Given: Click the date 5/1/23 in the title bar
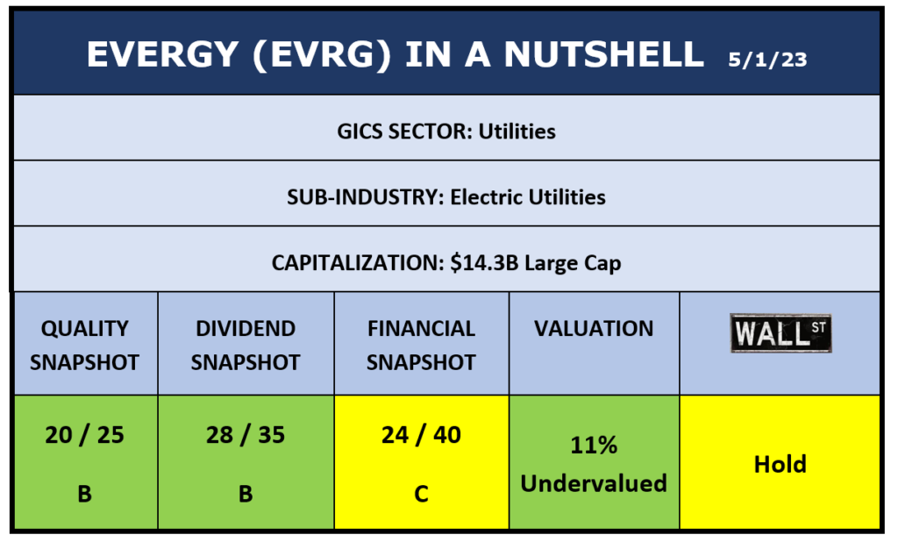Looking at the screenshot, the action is (x=767, y=60).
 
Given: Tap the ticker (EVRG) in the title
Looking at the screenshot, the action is (x=322, y=55).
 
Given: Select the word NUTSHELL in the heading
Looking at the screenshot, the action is (x=603, y=54).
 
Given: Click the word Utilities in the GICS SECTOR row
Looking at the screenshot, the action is (x=517, y=132).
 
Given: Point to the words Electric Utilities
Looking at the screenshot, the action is (x=528, y=197).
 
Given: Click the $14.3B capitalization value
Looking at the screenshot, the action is (x=484, y=263).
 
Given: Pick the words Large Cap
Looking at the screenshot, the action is (x=573, y=264).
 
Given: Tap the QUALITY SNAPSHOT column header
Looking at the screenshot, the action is (x=85, y=345).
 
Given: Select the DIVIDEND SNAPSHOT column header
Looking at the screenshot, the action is (x=246, y=345).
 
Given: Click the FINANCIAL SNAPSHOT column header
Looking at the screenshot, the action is (x=422, y=345).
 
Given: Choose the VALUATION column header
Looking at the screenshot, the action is (x=594, y=328).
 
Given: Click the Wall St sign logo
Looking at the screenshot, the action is (x=780, y=333).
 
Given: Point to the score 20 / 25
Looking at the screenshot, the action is (x=85, y=435).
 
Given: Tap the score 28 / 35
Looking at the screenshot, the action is (x=246, y=435).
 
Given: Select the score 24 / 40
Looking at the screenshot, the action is (x=422, y=435).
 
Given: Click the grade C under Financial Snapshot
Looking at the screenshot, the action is (x=422, y=494).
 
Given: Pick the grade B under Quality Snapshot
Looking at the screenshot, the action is (x=85, y=494).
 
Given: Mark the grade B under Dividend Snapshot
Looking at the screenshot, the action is (x=246, y=494).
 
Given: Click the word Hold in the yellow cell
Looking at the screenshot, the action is (x=780, y=464).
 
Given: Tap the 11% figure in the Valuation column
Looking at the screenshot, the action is (x=594, y=446).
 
